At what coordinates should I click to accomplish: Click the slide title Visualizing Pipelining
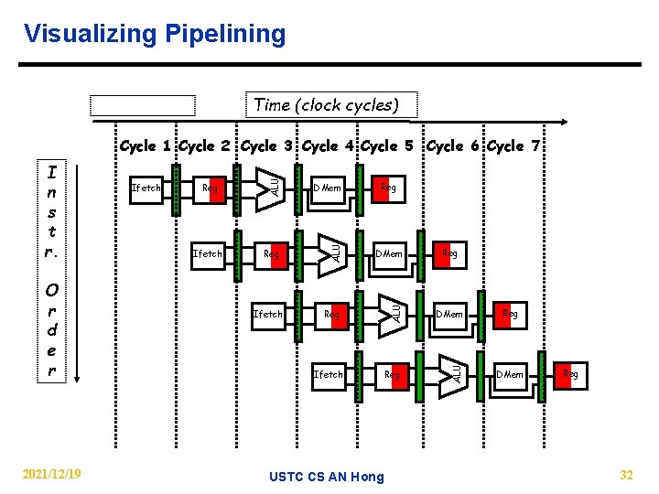pyautogui.click(x=155, y=35)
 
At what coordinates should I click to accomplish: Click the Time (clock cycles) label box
pyautogui.click(x=326, y=104)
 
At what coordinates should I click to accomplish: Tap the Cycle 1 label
pyautogui.click(x=146, y=146)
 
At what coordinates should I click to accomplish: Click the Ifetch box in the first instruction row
pyautogui.click(x=146, y=188)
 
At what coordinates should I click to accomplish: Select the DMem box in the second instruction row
pyautogui.click(x=390, y=252)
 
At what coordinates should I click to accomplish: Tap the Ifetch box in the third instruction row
pyautogui.click(x=268, y=314)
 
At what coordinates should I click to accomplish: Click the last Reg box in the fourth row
pyautogui.click(x=570, y=374)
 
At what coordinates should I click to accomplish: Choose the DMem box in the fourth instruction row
pyautogui.click(x=510, y=374)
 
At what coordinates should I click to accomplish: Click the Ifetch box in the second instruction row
pyautogui.click(x=207, y=252)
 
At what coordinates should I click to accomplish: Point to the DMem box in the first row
pyautogui.click(x=327, y=188)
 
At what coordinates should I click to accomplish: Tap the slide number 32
pyautogui.click(x=626, y=474)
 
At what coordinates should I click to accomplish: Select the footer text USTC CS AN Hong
pyautogui.click(x=328, y=476)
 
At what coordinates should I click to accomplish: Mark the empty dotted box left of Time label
pyautogui.click(x=143, y=105)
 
